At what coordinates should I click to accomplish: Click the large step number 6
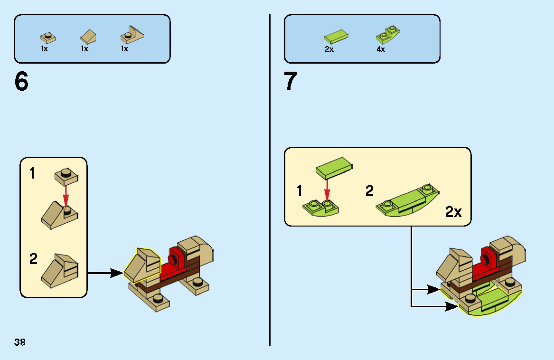[x=22, y=82]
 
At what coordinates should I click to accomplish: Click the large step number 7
[x=290, y=82]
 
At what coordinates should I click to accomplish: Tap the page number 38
[x=19, y=342]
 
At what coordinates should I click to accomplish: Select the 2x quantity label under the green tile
[x=329, y=49]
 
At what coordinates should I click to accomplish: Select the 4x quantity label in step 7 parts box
[x=381, y=49]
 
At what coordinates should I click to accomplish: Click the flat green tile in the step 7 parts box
[x=337, y=36]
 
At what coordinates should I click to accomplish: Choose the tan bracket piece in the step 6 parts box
[x=131, y=34]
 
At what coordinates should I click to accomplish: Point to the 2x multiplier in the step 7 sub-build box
[x=453, y=212]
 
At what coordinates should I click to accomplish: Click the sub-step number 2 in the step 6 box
[x=33, y=259]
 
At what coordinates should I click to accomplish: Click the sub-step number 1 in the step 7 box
[x=299, y=191]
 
